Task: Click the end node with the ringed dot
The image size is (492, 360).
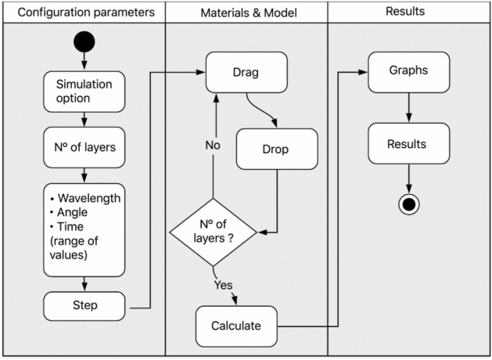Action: [x=408, y=203]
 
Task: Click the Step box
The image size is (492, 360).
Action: [x=83, y=304]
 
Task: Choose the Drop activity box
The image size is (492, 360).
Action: [x=277, y=149]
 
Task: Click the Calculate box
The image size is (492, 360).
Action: [x=236, y=326]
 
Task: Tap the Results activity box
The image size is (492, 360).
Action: [x=408, y=144]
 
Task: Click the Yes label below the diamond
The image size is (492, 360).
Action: [x=224, y=285]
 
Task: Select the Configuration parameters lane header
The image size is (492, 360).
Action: [x=83, y=13]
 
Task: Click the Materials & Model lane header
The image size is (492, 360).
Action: [x=246, y=13]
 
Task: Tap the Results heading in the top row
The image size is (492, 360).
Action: [x=408, y=12]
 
